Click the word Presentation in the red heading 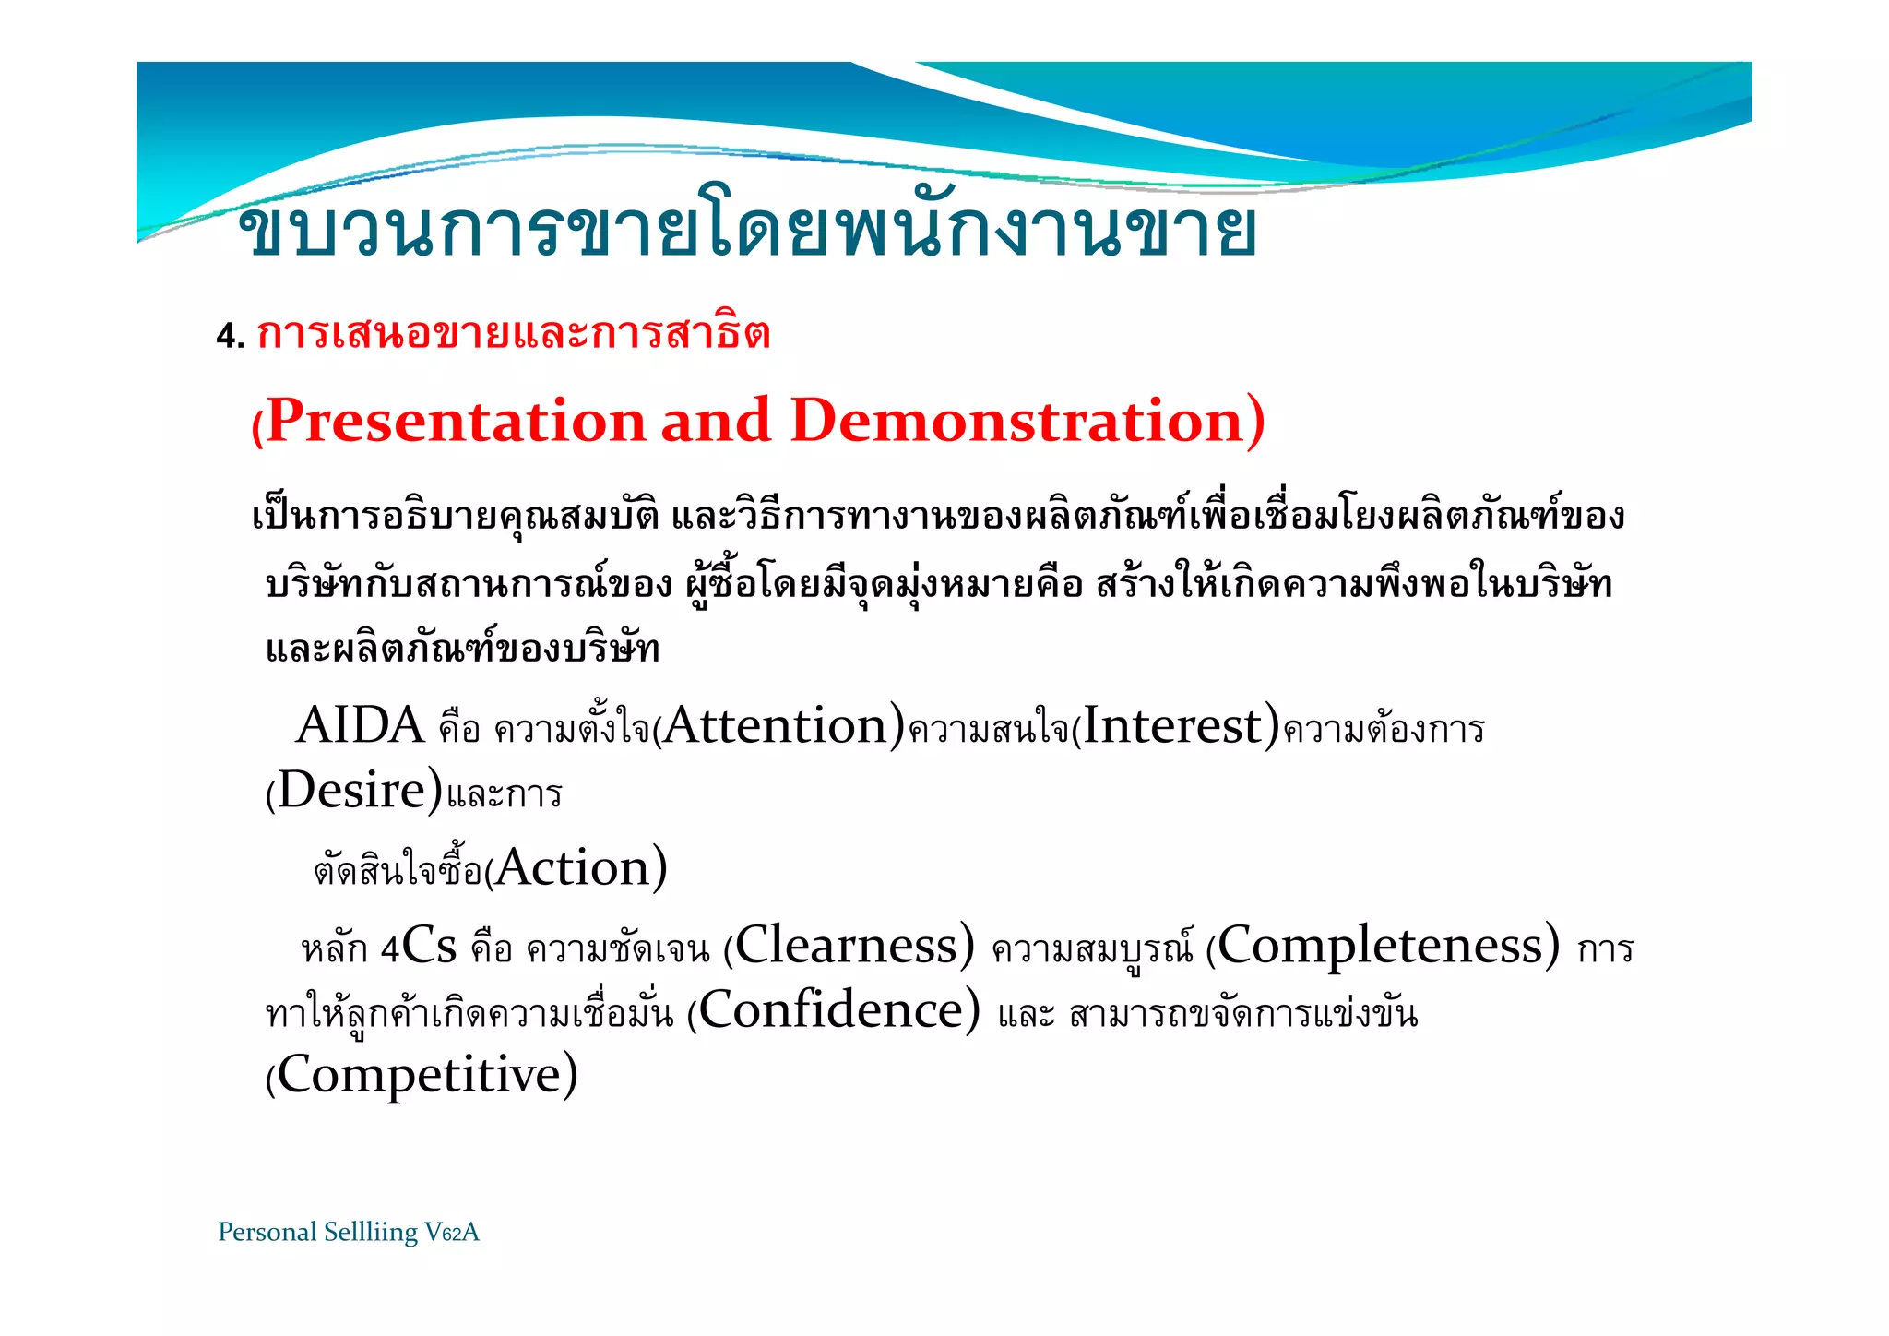pyautogui.click(x=456, y=422)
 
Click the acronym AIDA pyautogui.click(x=359, y=726)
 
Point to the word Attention pyautogui.click(x=775, y=726)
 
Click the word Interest pyautogui.click(x=1171, y=726)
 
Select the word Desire pyautogui.click(x=351, y=792)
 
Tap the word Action pyautogui.click(x=573, y=869)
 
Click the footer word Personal pyautogui.click(x=267, y=1233)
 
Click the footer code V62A pyautogui.click(x=452, y=1233)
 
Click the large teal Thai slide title pyautogui.click(x=747, y=231)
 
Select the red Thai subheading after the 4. pyautogui.click(x=513, y=334)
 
